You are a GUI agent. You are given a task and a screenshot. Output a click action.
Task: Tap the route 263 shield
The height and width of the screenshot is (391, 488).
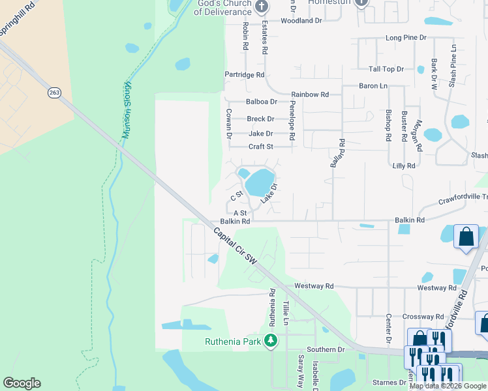[53, 93]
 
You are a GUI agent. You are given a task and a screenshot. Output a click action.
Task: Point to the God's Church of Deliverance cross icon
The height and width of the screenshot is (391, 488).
[262, 7]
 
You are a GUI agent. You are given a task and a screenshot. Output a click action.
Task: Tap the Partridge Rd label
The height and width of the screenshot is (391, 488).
[244, 75]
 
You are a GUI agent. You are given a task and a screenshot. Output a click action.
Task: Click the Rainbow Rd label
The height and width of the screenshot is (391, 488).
[310, 94]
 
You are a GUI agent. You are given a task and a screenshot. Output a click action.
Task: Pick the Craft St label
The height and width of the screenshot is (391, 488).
[260, 147]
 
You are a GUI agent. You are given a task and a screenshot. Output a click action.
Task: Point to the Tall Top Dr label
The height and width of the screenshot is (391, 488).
[386, 69]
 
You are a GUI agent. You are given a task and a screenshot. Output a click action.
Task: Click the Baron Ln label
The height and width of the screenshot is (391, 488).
[373, 86]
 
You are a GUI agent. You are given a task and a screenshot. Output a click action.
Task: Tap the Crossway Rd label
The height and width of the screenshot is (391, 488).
[423, 316]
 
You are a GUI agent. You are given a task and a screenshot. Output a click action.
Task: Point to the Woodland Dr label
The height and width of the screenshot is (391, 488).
[301, 21]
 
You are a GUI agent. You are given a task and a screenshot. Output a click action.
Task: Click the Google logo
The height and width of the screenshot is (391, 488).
[22, 383]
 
